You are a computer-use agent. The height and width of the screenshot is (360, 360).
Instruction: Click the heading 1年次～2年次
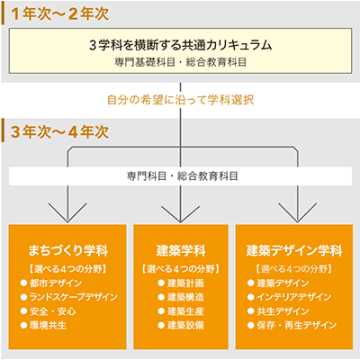coord(59,13)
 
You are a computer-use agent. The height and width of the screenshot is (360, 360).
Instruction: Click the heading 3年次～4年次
coord(59,131)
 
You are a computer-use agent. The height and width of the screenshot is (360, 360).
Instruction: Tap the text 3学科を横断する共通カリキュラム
coord(181,45)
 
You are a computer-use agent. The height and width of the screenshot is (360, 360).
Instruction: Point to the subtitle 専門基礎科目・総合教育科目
coord(181,62)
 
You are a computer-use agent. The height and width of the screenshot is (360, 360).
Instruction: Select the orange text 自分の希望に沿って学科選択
coord(181,100)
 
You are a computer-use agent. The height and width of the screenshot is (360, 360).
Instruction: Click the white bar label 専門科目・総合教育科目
coord(183,175)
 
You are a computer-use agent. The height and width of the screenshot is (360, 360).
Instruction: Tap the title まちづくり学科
coord(68,250)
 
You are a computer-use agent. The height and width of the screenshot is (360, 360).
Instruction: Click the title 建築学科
coord(181,250)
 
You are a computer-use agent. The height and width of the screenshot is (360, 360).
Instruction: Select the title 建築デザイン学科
coord(294,250)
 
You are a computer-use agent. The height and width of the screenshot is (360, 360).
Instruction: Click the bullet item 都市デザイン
coord(56,283)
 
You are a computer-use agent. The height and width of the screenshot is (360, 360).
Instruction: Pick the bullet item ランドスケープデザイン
coord(74,297)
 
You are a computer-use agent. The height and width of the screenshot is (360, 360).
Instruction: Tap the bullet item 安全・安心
coord(53,311)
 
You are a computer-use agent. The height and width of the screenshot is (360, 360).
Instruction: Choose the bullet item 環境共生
coord(48,325)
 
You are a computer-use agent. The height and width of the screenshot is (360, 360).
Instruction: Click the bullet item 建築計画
coord(185,283)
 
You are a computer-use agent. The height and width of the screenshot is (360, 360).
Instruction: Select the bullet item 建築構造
coord(185,297)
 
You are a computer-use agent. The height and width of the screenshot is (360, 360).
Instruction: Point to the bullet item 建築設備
coord(185,325)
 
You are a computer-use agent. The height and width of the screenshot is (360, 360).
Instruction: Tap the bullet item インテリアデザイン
coord(294,297)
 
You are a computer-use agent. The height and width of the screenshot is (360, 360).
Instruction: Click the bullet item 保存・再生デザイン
coord(297,325)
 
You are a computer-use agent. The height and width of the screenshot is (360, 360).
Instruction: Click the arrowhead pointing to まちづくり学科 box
coord(67,212)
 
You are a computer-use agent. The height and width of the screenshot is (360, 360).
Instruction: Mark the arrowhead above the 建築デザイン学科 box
coord(297,212)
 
